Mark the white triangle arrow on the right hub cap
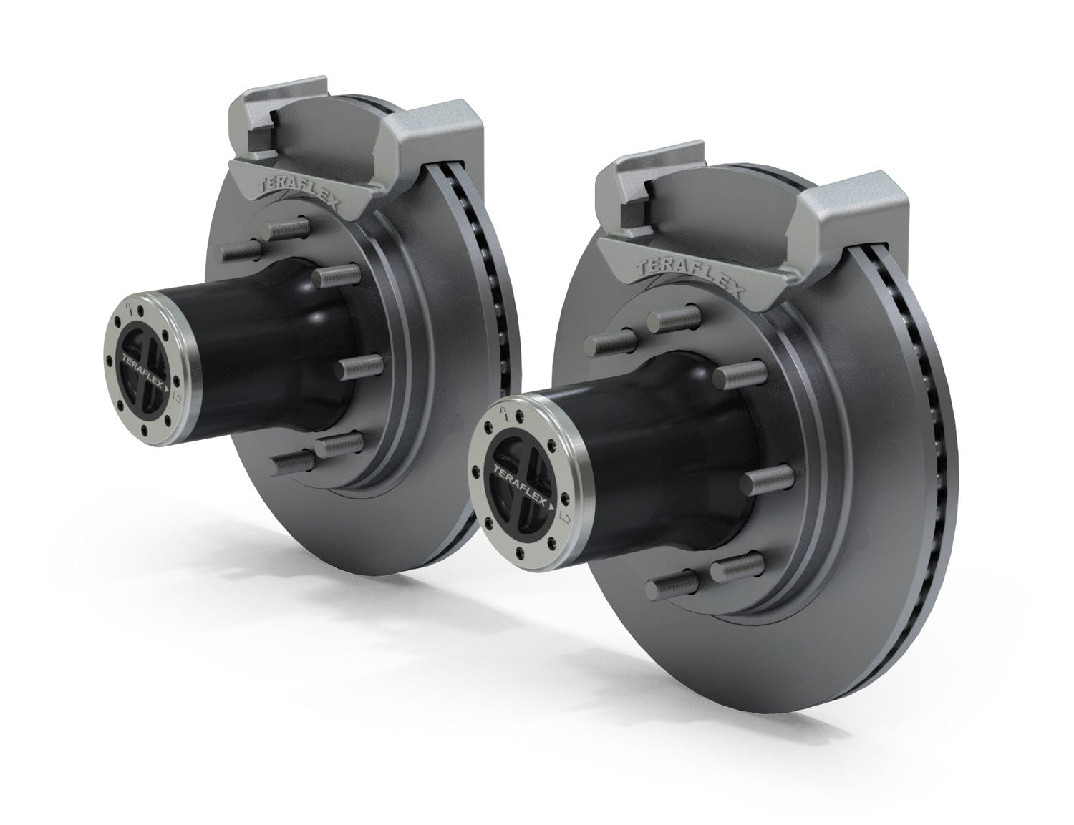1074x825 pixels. [553, 505]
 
